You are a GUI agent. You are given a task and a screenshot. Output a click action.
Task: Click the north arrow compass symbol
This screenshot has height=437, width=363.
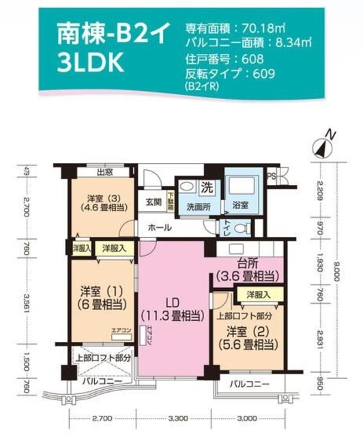[x=323, y=145]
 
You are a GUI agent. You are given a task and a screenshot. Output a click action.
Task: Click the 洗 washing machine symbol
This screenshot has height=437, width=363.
[x=205, y=187]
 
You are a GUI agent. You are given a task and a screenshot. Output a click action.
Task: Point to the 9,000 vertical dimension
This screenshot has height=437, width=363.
[x=336, y=273]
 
